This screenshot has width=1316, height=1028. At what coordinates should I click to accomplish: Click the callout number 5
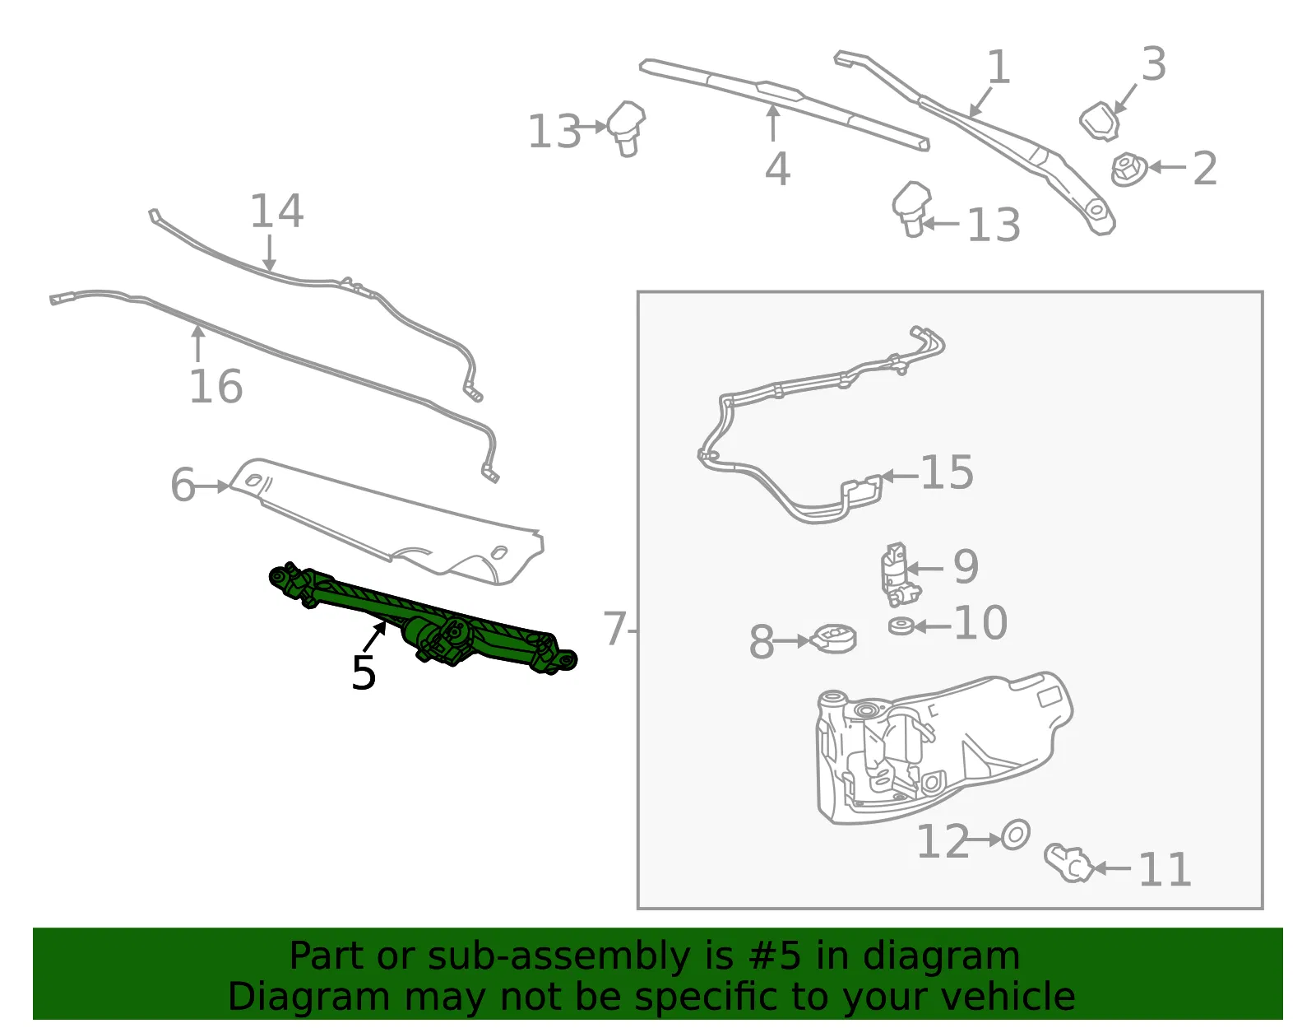click(364, 672)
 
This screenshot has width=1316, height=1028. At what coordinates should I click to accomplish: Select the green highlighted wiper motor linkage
click(422, 618)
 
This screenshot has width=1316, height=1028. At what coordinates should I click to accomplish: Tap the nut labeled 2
click(1128, 169)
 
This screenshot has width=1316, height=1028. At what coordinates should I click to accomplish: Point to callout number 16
click(216, 386)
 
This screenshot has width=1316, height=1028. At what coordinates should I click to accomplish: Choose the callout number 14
click(276, 211)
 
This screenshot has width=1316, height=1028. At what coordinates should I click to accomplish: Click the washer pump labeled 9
click(900, 574)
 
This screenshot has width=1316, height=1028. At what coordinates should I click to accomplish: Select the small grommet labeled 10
click(901, 626)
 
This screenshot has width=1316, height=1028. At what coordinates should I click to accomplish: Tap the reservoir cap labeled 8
click(832, 639)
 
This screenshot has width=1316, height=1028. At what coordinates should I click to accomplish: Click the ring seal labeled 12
click(1015, 836)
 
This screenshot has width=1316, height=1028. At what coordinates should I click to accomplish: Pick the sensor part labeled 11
click(1069, 863)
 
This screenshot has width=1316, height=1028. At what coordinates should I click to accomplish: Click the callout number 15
click(948, 472)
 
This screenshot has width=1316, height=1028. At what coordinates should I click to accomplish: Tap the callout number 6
click(183, 485)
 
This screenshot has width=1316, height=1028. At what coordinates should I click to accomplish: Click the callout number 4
click(777, 169)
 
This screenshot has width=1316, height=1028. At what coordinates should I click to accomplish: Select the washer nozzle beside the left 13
click(626, 128)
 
